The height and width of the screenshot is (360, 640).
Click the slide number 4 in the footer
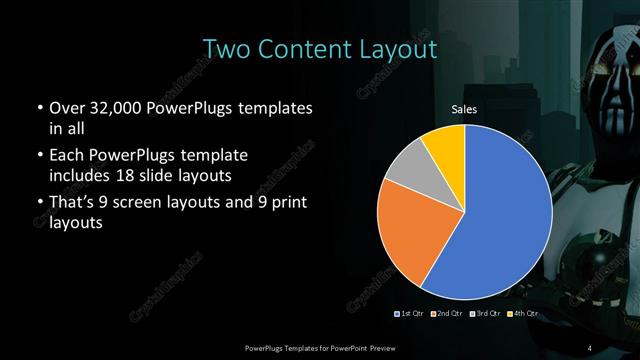590,347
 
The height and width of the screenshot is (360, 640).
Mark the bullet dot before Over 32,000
38,108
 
